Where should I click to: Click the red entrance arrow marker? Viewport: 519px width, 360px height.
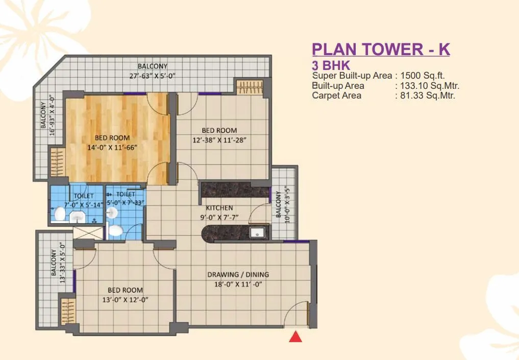click(295, 337)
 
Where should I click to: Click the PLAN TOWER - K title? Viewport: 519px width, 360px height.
click(381, 50)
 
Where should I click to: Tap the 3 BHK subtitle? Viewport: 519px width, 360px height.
click(331, 65)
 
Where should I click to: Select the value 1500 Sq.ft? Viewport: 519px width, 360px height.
click(423, 76)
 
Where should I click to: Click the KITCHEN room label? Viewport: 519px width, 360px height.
click(219, 208)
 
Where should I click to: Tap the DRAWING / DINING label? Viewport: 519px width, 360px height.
click(238, 275)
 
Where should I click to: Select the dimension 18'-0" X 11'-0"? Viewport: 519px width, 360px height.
click(238, 285)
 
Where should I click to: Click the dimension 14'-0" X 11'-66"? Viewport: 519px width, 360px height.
click(112, 148)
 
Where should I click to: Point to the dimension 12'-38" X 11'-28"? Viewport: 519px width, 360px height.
click(219, 140)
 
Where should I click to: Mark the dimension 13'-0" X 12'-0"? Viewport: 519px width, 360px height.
click(125, 300)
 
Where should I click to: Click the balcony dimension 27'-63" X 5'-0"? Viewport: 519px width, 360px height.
click(153, 76)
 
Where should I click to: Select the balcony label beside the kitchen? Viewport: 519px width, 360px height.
click(278, 204)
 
